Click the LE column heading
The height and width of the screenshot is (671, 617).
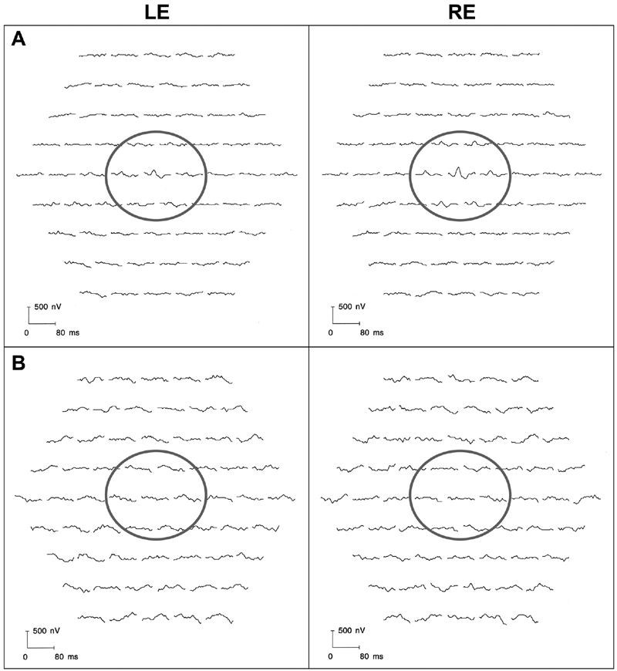point(157,12)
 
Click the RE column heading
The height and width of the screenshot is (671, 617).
point(462,12)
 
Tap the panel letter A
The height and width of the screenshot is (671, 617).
point(19,39)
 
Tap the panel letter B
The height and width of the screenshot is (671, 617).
point(19,363)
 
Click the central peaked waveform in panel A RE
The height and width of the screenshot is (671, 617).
point(459,173)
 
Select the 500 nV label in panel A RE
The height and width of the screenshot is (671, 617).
point(352,307)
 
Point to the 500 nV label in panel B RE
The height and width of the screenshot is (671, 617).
point(351,631)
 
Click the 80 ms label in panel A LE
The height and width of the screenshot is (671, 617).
point(68,332)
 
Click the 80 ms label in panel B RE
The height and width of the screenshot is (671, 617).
point(372,656)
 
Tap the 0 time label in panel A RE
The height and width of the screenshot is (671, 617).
point(330,332)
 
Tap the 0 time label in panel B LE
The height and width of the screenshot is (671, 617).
point(25,656)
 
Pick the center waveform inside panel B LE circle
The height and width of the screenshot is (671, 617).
point(155,497)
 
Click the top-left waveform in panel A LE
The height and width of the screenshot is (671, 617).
point(93,56)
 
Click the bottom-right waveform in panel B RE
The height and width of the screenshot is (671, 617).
point(525,618)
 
